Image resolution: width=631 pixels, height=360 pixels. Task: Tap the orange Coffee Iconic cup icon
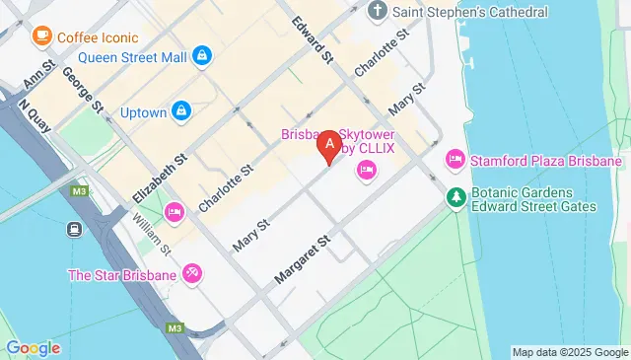[41, 36]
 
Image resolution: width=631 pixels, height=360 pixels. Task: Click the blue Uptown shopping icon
[181, 112]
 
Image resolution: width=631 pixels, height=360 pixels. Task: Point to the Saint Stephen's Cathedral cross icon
[378, 12]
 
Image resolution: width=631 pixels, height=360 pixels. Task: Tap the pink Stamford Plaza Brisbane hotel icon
[456, 160]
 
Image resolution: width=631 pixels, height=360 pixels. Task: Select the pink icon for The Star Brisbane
[192, 273]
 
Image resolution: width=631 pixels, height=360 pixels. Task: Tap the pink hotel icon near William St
[175, 211]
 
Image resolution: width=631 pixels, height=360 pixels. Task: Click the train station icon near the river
[75, 229]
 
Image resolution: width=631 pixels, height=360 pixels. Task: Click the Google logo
[33, 347]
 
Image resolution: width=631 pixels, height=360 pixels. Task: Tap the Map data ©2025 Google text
[570, 352]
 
